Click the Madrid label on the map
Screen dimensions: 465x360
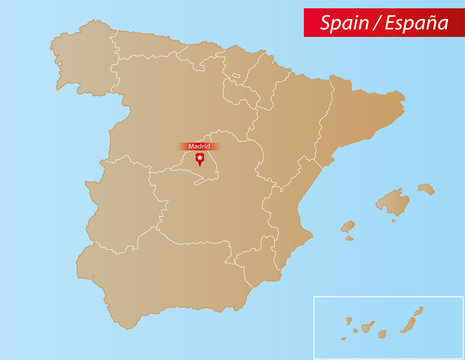[x=199, y=146]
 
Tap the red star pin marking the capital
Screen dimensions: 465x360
[x=199, y=160]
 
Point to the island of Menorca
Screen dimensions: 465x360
[x=426, y=188]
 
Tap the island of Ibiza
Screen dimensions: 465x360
[x=348, y=227]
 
